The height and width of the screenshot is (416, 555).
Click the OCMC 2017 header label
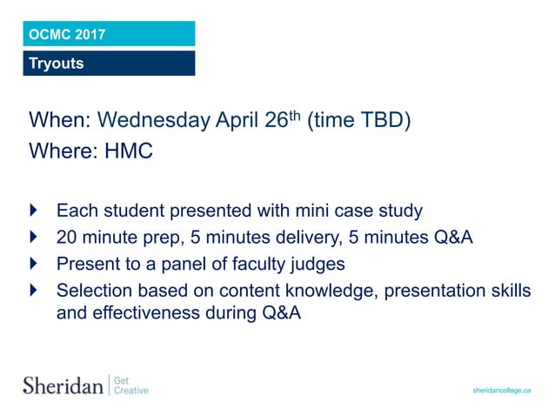coord(67,35)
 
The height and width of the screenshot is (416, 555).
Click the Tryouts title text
coord(57,64)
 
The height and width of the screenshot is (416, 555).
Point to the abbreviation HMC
coord(128,151)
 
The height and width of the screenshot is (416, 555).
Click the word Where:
coord(63,151)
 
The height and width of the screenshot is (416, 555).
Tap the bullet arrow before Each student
coord(34,211)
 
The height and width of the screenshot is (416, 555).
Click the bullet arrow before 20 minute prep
coord(34,237)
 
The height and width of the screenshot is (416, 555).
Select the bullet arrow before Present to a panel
coord(34,263)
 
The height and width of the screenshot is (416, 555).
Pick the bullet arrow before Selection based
coord(34,289)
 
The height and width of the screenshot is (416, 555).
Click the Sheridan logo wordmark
coord(63,385)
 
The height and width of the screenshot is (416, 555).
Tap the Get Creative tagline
coord(131,385)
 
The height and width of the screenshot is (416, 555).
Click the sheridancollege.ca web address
coord(501,391)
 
